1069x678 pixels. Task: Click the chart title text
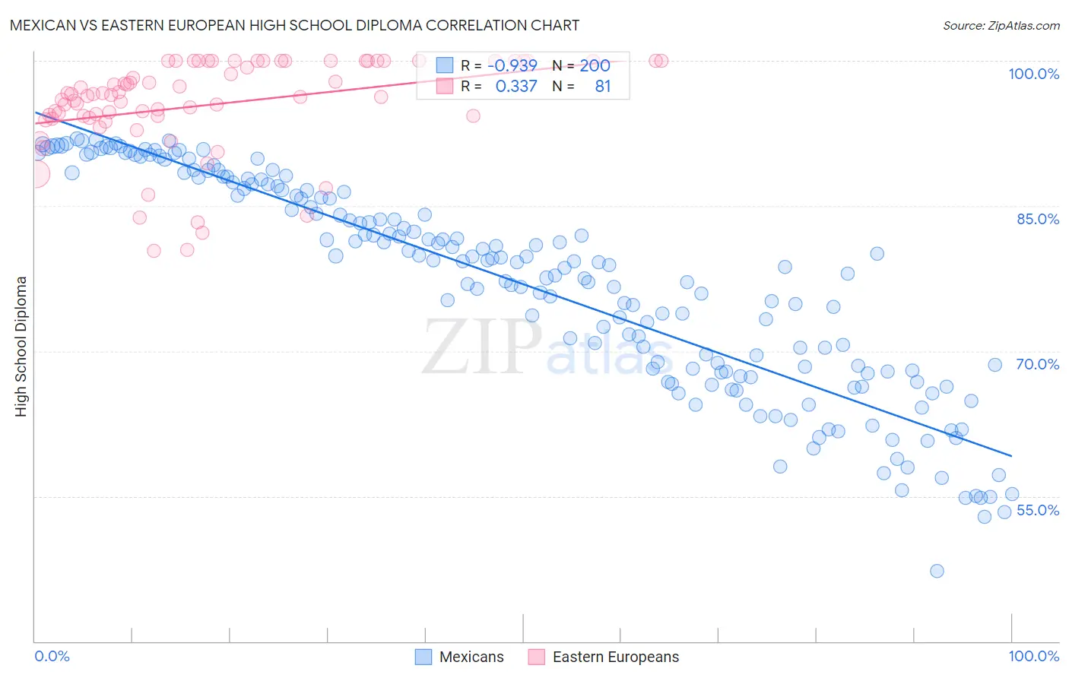click(294, 25)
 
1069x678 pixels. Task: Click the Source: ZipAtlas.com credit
click(1001, 25)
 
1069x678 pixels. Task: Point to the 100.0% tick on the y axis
click(1033, 74)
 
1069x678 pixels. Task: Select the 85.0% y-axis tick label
click(1038, 219)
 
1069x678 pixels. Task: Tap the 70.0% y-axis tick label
click(1038, 364)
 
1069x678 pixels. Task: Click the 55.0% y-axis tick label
click(1038, 510)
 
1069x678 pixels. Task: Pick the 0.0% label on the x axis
click(52, 656)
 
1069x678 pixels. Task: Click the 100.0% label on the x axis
click(1033, 656)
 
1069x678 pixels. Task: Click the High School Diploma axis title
click(21, 346)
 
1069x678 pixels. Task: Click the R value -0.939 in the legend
click(515, 65)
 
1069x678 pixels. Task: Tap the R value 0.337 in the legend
click(516, 86)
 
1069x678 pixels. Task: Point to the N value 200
click(595, 65)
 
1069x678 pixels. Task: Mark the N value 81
click(602, 86)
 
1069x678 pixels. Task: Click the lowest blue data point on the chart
click(937, 571)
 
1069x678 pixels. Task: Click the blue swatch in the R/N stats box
click(444, 65)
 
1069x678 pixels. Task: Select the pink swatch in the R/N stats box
click(444, 86)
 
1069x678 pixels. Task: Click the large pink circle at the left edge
click(36, 174)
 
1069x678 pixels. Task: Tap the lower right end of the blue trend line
click(1011, 455)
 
